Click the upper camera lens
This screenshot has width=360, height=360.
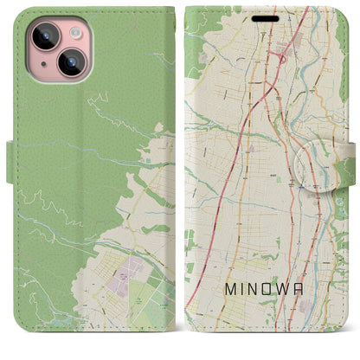[45, 37]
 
